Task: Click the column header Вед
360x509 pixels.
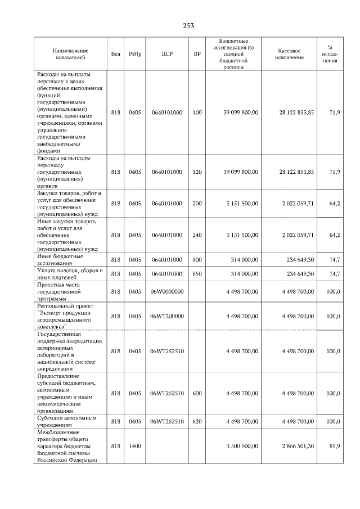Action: pos(115,54)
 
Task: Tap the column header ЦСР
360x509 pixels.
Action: pos(166,54)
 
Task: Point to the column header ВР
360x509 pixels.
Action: pos(197,54)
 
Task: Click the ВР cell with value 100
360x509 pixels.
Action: pos(197,113)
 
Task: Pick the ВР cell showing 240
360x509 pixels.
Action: pos(197,235)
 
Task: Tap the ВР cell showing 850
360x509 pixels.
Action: pos(197,274)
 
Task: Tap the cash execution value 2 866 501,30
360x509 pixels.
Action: pos(298,446)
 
